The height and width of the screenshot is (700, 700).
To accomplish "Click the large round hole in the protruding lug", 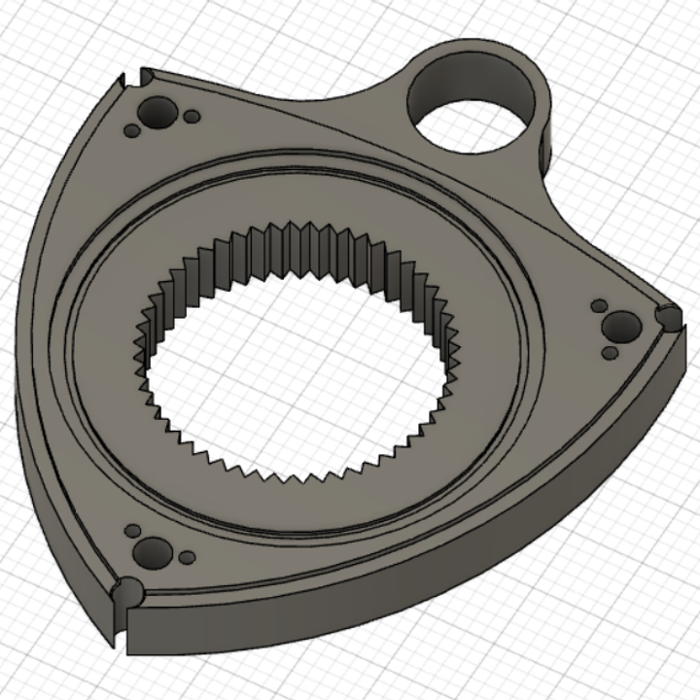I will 471,105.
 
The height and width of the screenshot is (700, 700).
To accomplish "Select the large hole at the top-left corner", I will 156,115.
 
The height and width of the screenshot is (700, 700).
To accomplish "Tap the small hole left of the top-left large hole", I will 131,129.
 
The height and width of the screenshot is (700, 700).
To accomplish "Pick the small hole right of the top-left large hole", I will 192,117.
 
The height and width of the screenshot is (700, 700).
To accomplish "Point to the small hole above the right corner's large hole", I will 600,307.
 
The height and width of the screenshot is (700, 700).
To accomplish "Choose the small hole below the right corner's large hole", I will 610,353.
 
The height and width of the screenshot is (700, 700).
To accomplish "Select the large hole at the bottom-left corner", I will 152,553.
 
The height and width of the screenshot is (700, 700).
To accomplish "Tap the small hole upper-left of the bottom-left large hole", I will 130,532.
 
